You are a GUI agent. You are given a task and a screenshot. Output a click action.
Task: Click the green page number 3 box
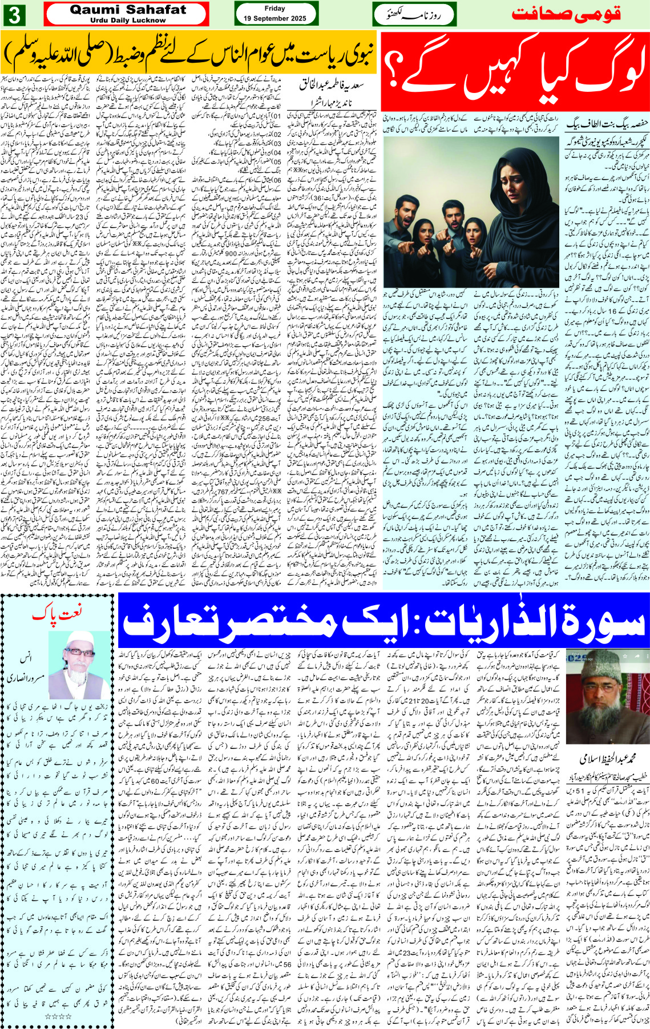coord(14,15)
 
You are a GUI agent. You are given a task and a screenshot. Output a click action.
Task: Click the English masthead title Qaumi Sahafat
coord(127,10)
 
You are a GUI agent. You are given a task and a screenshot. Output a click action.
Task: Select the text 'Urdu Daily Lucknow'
coord(127,21)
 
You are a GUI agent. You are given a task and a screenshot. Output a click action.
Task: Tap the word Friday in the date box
coord(274,9)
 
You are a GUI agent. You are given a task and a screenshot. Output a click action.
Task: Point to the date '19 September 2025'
coord(274,18)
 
